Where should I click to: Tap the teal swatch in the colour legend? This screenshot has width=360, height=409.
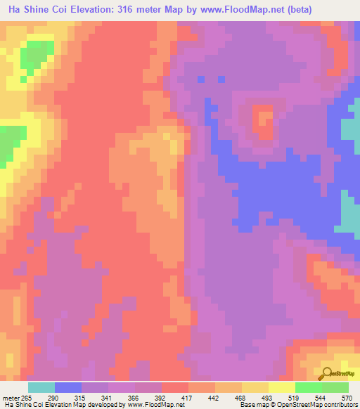click(x=41, y=387)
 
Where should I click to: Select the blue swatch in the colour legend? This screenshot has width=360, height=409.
click(x=68, y=387)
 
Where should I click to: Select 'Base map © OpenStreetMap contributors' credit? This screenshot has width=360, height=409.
click(x=297, y=405)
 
